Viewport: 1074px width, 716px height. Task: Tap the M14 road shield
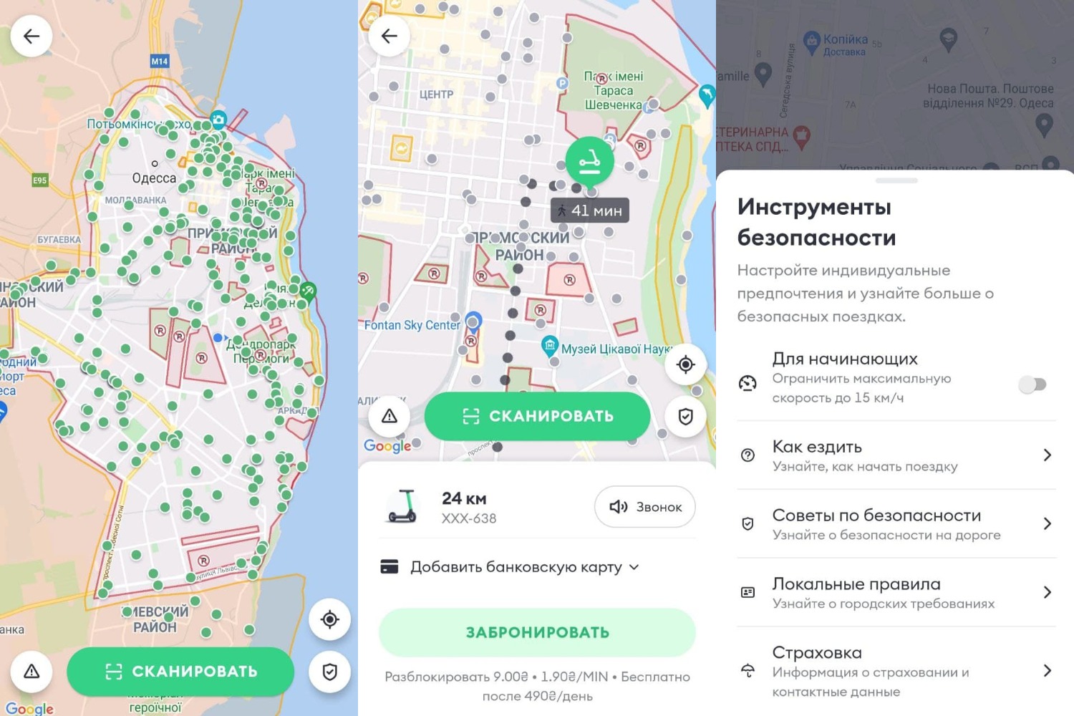(159, 62)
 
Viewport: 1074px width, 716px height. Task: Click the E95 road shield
(39, 180)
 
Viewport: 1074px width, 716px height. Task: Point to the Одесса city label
(154, 178)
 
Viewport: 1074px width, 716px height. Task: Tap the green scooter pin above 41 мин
(589, 160)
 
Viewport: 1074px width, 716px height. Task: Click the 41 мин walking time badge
(590, 211)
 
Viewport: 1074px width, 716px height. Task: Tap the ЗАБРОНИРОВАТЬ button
(537, 632)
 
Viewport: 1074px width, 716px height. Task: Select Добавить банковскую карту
(516, 567)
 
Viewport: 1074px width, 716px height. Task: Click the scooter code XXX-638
(469, 518)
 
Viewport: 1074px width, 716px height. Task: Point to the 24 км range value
(464, 498)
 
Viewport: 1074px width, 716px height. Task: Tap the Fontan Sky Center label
(412, 325)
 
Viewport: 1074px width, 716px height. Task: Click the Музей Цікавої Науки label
(616, 349)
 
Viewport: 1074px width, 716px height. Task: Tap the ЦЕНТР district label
(436, 95)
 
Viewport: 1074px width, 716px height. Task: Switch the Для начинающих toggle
(1032, 384)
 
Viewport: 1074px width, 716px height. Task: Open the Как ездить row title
(817, 447)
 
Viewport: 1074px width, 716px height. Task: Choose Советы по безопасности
(876, 516)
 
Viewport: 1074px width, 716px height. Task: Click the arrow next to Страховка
(1047, 670)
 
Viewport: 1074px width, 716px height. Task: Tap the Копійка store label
(845, 40)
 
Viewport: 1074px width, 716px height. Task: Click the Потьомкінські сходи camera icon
(218, 120)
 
